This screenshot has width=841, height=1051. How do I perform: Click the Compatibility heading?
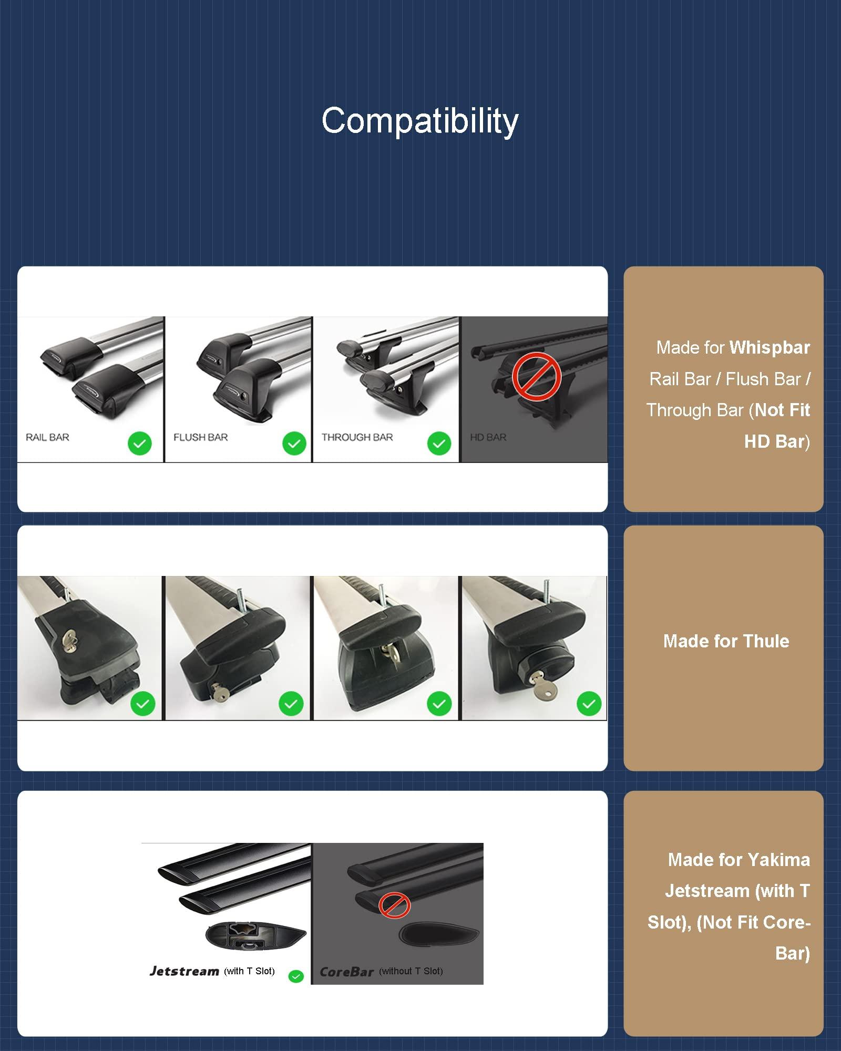(x=420, y=121)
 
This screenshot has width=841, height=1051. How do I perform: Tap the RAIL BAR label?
(x=47, y=437)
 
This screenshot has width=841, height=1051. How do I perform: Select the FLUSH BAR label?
(x=201, y=437)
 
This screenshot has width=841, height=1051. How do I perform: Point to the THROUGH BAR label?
(x=357, y=437)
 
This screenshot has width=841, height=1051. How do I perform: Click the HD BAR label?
(x=488, y=437)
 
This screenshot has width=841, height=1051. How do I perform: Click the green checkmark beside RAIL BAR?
(x=140, y=444)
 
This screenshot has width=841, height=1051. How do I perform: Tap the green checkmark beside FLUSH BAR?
(x=294, y=444)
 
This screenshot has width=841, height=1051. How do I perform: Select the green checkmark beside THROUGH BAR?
(x=439, y=444)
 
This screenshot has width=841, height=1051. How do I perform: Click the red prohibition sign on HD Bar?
(x=537, y=377)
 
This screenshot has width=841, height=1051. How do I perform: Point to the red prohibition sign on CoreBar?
(x=394, y=905)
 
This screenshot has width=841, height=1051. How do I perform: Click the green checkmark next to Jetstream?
(x=296, y=976)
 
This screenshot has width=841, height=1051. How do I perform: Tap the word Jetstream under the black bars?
(x=184, y=971)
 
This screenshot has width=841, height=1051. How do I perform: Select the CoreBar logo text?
(x=347, y=972)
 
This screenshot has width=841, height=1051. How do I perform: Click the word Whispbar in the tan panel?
(x=770, y=348)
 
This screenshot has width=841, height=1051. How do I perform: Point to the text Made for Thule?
(x=726, y=641)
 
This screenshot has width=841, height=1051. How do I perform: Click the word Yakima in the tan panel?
(x=778, y=860)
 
